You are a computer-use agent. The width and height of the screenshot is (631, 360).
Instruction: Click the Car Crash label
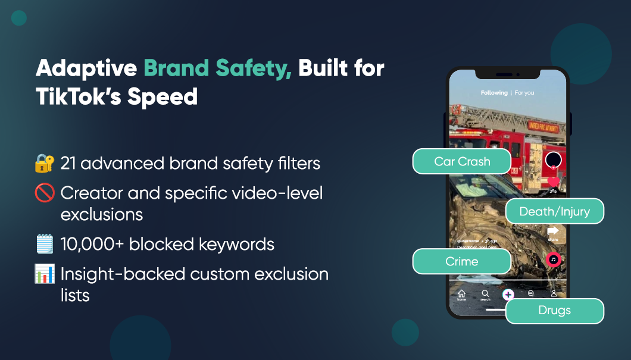point(462,161)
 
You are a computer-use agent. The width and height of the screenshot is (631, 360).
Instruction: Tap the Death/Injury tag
point(554,211)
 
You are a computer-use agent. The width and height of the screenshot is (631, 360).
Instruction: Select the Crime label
point(462,261)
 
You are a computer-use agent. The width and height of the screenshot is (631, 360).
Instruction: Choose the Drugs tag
point(554,311)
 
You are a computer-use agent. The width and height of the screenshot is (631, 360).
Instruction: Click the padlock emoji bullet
point(44,162)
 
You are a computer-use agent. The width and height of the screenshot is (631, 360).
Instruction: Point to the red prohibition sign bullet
point(44,193)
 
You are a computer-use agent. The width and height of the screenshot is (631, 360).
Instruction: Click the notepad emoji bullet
point(44,244)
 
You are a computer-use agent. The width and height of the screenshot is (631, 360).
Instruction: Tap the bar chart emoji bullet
point(44,274)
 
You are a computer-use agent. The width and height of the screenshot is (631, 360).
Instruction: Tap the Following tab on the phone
point(494,93)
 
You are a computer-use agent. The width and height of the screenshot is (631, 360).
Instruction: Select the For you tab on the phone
point(524,93)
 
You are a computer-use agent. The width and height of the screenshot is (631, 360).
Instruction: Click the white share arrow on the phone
point(553,230)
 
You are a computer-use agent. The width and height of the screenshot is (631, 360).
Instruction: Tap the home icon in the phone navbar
point(461,294)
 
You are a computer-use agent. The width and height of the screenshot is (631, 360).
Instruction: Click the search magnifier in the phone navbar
point(485,294)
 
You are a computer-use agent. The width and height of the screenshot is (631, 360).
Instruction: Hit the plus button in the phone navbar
point(508,294)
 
